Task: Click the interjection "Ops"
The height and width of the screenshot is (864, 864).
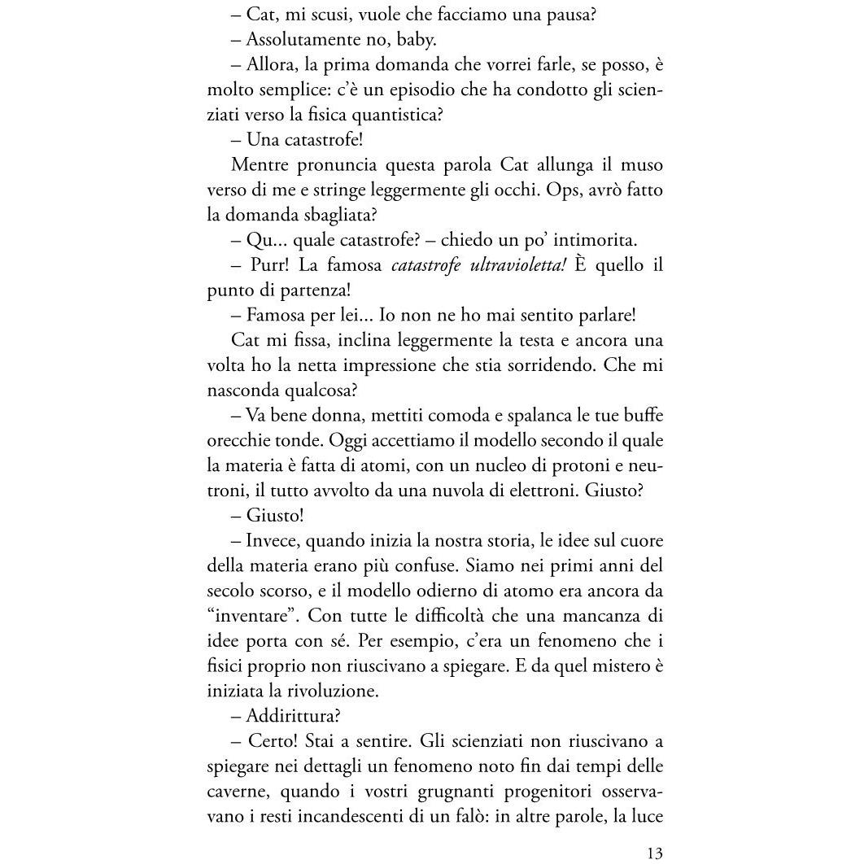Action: pyautogui.click(x=535, y=190)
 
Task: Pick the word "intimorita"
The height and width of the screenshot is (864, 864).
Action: pyautogui.click(x=596, y=241)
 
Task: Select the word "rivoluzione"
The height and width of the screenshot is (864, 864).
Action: pyautogui.click(x=334, y=692)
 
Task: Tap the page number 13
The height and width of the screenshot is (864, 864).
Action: pyautogui.click(x=655, y=853)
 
